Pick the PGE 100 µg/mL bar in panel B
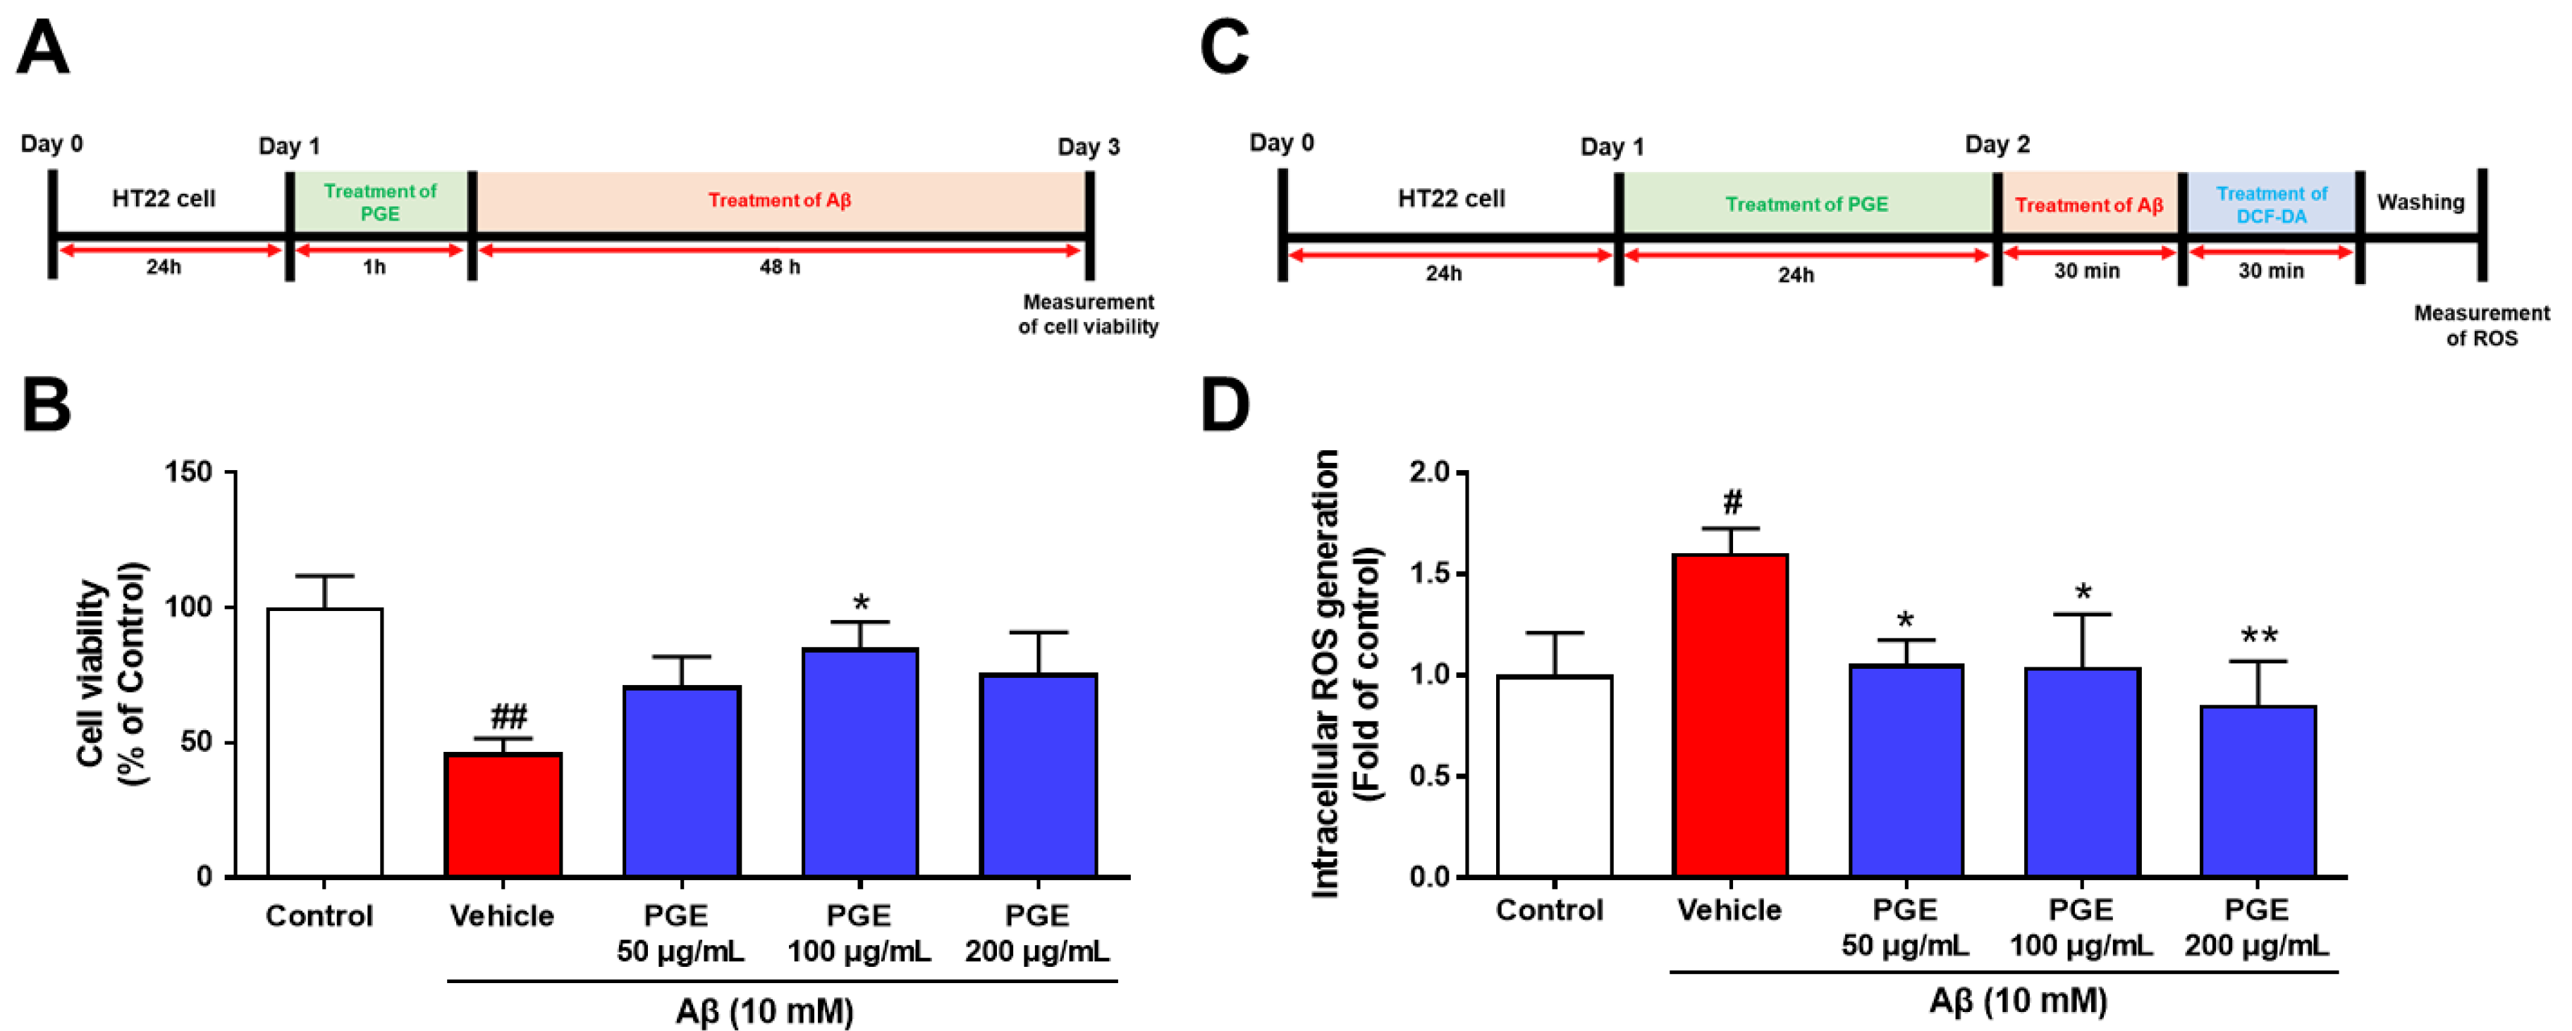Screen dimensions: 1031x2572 point(859,763)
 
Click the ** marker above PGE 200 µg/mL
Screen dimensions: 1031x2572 point(2258,636)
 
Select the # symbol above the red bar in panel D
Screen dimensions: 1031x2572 point(1732,501)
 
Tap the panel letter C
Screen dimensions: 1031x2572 point(1224,48)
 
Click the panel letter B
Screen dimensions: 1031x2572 point(46,405)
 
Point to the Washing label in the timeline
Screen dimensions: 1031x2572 point(2420,203)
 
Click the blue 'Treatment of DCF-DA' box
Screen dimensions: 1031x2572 point(2272,204)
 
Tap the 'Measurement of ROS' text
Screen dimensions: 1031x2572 point(2481,326)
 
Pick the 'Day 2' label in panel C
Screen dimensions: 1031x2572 point(1997,144)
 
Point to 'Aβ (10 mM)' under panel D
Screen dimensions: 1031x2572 point(2018,1001)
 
